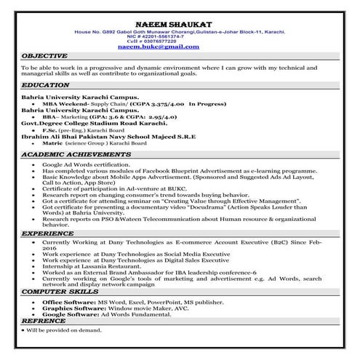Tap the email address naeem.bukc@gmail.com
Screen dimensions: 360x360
click(x=178, y=46)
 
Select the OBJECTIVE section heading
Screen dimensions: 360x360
click(x=44, y=55)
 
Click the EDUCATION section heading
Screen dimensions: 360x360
click(x=44, y=85)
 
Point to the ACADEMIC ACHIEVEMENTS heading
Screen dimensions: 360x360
click(x=71, y=156)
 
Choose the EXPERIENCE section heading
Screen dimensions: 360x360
click(x=47, y=233)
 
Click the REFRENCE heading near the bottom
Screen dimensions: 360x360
click(x=44, y=320)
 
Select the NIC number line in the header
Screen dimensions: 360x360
click(x=178, y=36)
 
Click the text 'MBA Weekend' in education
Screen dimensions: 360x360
click(x=65, y=104)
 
